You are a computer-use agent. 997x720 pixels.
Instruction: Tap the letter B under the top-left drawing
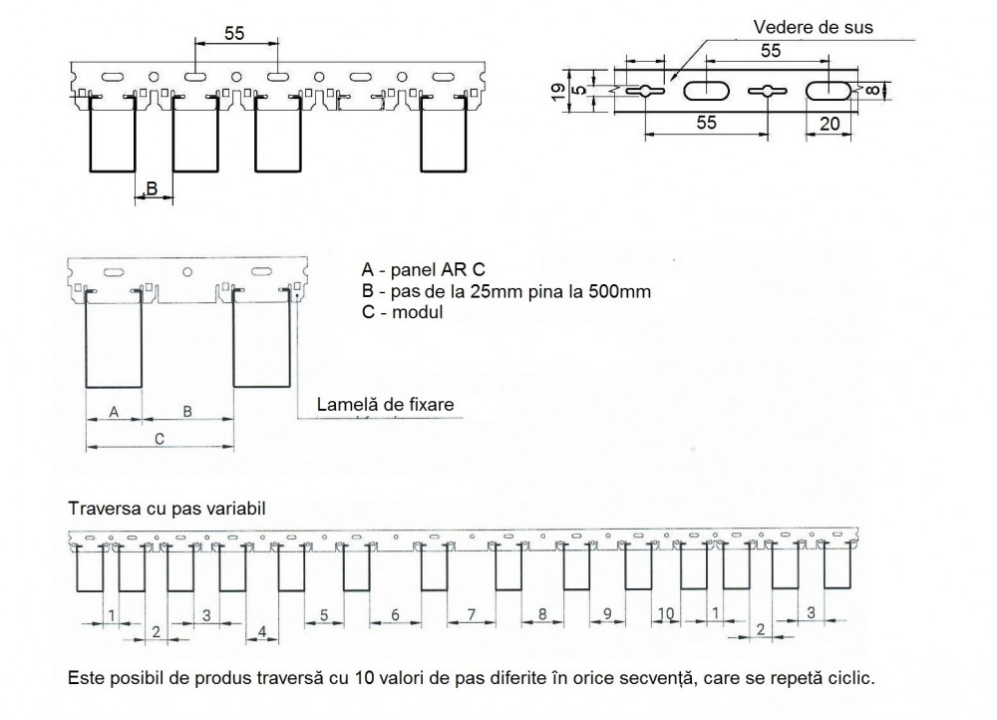coord(152,187)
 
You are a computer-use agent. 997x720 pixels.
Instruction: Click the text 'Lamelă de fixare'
coord(385,405)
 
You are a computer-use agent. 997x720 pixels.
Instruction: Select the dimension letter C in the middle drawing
coord(159,438)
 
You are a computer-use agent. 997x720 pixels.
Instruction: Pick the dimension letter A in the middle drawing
coord(113,411)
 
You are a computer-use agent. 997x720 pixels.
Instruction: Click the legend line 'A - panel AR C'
coord(418,269)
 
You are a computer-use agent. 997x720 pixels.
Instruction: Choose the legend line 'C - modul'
coord(403,312)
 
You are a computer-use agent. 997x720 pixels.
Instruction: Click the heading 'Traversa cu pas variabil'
coord(166,509)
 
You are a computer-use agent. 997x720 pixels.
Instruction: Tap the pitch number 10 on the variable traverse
coord(666,612)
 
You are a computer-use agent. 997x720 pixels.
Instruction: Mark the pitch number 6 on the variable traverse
coord(395,615)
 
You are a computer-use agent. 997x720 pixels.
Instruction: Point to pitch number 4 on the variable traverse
coord(261,631)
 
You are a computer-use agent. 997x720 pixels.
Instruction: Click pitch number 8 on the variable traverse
coord(541,614)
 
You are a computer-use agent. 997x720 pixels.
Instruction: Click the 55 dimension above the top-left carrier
coord(233,33)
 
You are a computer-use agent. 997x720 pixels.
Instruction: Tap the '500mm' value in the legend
coord(627,291)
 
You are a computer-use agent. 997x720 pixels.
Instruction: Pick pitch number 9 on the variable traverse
coord(607,613)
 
